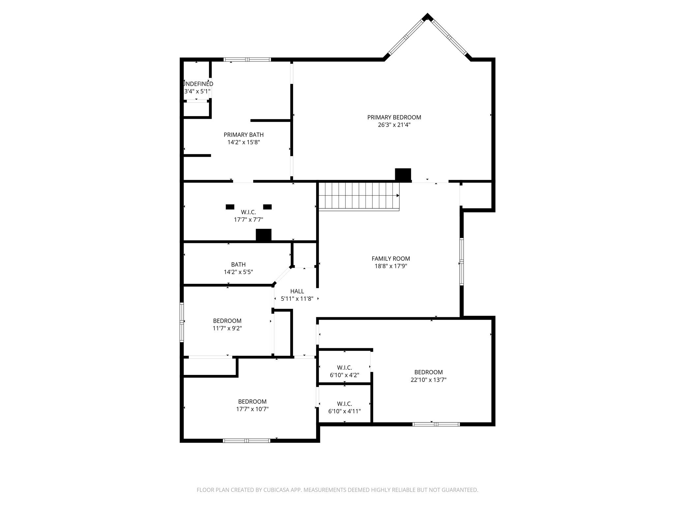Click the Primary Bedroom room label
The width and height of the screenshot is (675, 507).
394,117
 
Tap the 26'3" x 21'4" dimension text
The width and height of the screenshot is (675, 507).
394,125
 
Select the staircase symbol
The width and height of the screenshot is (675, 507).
359,196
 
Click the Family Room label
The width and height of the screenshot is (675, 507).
391,259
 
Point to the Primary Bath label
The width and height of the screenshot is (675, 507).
243,135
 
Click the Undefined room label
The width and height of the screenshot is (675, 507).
198,84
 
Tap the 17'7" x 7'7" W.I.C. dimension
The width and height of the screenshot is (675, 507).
248,220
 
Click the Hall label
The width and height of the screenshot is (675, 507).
297,291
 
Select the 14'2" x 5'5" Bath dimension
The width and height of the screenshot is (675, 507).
238,272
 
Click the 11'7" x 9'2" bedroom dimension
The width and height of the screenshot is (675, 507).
227,328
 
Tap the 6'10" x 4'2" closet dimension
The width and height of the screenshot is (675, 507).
344,375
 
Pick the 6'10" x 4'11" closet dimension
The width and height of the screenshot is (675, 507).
344,411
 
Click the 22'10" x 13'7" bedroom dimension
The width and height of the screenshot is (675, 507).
428,380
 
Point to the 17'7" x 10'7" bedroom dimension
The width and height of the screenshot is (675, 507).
252,409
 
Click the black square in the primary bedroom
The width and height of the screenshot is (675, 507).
403,175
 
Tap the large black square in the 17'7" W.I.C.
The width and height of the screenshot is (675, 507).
263,235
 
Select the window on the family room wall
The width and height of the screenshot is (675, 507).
461,261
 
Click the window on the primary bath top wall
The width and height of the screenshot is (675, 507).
247,60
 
